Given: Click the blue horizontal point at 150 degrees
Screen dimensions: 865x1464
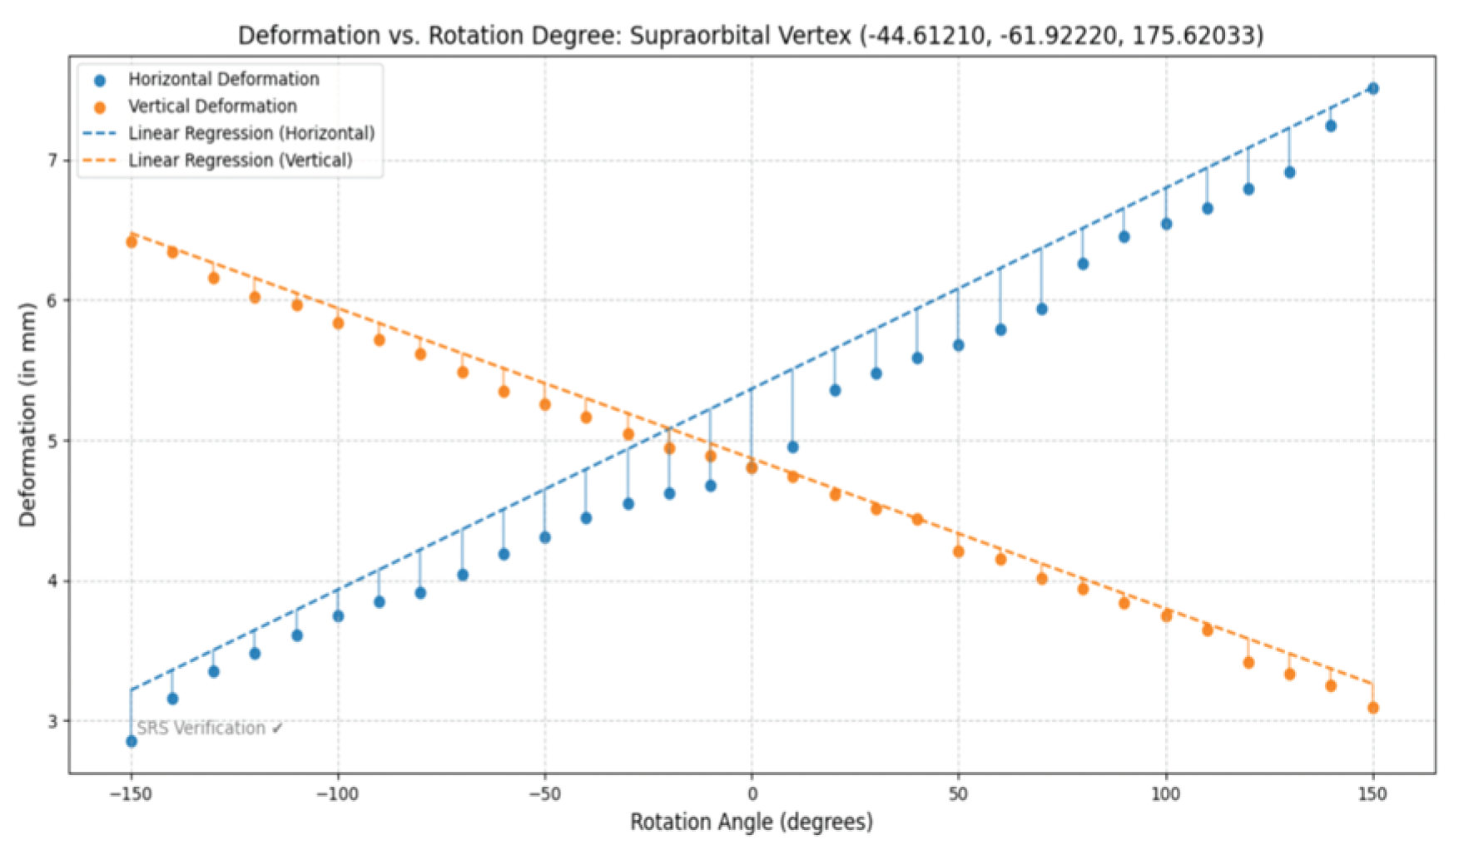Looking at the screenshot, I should click(x=1372, y=89).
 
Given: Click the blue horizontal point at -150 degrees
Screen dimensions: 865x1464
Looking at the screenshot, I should click(x=132, y=741).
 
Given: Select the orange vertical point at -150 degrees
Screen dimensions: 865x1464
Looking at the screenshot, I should click(x=132, y=242).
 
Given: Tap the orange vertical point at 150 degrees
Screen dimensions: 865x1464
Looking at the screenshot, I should click(x=1372, y=708).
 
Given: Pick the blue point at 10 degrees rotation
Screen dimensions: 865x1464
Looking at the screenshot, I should click(x=792, y=447).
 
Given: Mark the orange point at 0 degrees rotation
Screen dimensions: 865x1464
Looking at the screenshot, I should click(x=752, y=468).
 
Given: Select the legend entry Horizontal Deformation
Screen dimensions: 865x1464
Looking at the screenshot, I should click(x=223, y=79).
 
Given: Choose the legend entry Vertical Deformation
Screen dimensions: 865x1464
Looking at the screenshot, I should click(x=212, y=106).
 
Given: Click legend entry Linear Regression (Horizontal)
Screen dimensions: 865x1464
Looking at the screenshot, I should click(x=251, y=133).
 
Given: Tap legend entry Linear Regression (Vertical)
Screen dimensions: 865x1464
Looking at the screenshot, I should click(x=240, y=161).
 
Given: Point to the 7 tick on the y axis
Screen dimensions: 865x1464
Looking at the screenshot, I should click(x=52, y=160).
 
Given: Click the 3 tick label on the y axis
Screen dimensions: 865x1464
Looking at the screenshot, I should click(x=52, y=721).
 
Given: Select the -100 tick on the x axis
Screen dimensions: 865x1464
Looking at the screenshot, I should click(x=337, y=794).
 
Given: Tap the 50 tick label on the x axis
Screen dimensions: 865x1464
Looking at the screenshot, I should click(x=958, y=794).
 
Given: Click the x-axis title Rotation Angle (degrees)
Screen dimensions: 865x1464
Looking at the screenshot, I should click(x=752, y=823).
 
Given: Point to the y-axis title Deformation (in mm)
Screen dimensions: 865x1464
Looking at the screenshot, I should click(x=28, y=414).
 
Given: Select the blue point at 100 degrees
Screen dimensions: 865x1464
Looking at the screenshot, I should click(x=1166, y=224).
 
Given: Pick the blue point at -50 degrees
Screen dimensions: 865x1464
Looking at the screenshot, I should click(x=545, y=537).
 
